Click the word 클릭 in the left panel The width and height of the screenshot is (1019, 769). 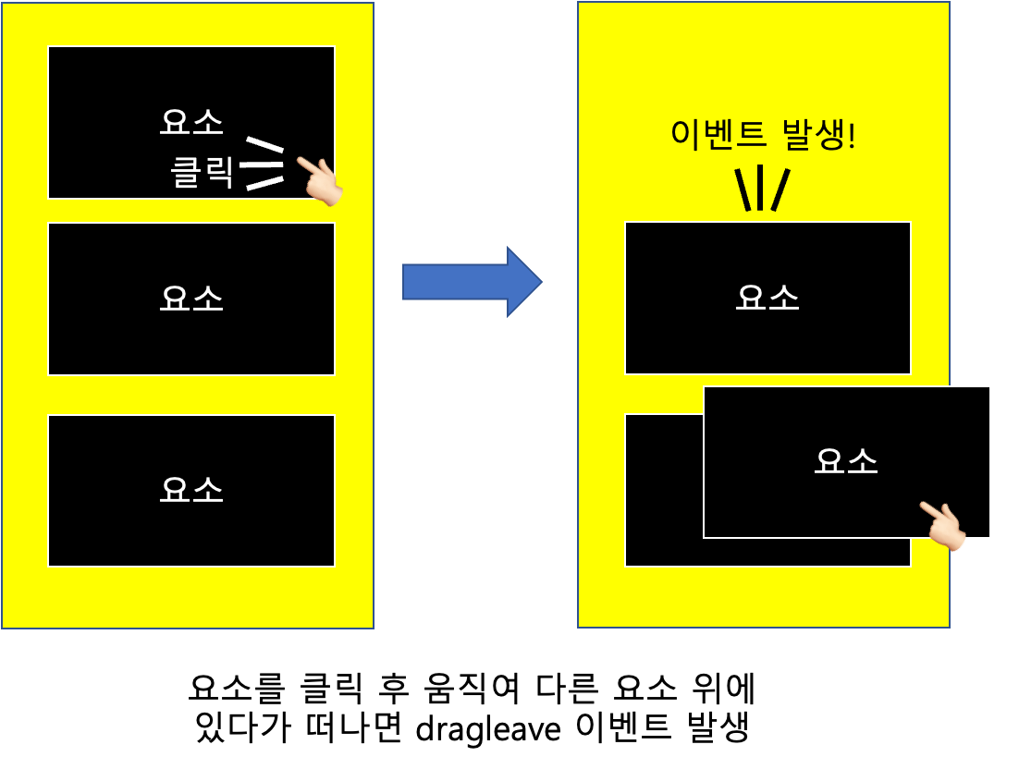coord(203,173)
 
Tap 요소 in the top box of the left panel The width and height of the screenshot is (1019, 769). coord(191,122)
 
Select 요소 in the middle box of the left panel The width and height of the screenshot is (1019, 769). coord(191,299)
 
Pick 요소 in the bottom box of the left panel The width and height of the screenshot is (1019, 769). coord(191,490)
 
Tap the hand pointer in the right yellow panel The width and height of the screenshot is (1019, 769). coord(942,526)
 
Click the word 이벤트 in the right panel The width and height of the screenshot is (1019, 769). coord(718,135)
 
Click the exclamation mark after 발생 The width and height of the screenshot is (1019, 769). coord(852,135)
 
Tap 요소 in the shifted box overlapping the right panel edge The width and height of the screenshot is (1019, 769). coord(846,461)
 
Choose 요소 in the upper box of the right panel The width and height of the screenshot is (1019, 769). coord(767,298)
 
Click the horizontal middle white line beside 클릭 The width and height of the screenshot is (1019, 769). coord(261,165)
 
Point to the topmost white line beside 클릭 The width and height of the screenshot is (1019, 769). coord(264,144)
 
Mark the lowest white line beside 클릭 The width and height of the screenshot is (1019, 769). coord(264,183)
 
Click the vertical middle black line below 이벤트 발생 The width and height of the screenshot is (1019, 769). coord(760,188)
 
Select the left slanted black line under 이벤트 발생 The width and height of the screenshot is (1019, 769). coord(743,189)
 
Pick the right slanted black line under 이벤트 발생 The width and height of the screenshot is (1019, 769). coord(780,189)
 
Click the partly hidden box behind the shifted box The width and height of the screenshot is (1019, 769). coord(663,490)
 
